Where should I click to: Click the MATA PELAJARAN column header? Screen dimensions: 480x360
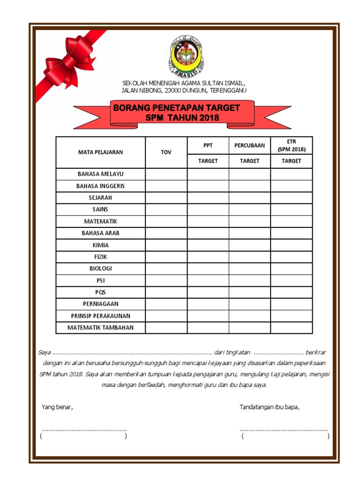point(100,152)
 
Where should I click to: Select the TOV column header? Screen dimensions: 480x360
point(166,152)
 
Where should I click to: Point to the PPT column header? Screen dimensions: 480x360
point(208,145)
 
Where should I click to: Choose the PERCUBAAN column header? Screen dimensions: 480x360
point(249,145)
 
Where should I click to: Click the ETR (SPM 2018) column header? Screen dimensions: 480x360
point(291,145)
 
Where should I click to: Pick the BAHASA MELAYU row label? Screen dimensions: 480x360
point(100,174)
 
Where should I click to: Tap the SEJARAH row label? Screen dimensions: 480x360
point(100,198)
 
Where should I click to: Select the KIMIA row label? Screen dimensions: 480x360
point(100,245)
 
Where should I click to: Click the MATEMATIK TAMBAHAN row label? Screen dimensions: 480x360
point(100,328)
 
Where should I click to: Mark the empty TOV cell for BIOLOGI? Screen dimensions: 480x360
point(166,269)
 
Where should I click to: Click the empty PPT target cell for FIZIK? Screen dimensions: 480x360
point(208,257)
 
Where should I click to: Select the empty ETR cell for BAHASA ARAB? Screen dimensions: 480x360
point(291,233)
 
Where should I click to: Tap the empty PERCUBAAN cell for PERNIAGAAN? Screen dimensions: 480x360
point(249,304)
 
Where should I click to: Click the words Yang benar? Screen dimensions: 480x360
point(57,407)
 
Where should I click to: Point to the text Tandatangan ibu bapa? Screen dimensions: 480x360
point(269,407)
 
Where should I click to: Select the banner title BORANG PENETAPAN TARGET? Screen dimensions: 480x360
point(176,108)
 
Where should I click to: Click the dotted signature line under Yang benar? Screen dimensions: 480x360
point(84,429)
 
